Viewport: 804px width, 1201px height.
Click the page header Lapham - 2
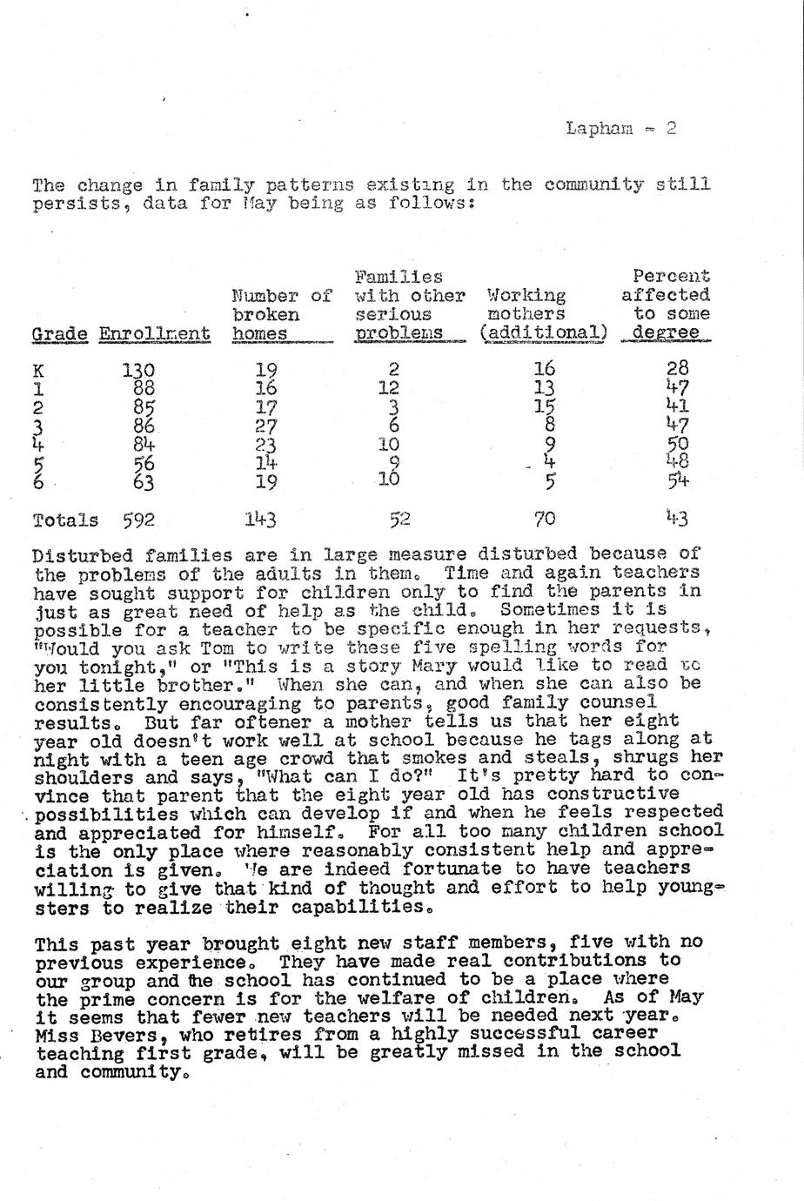(x=620, y=129)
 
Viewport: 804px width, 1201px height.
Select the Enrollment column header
(x=154, y=334)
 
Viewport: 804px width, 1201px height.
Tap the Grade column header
(x=59, y=334)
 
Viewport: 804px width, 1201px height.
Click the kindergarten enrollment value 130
(x=138, y=370)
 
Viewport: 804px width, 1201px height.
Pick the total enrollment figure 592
(x=138, y=520)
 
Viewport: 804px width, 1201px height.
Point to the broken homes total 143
(x=260, y=520)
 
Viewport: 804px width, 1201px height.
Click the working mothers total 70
(x=545, y=520)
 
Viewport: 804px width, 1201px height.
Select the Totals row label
(x=65, y=520)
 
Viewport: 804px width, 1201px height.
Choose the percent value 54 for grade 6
(x=678, y=480)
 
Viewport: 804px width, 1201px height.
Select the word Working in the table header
(x=526, y=296)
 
